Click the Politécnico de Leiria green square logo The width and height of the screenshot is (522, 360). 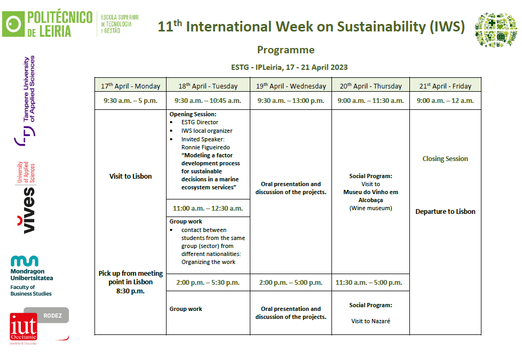(x=13, y=24)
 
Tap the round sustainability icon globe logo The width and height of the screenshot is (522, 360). (x=496, y=30)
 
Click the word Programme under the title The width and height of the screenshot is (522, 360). (x=286, y=50)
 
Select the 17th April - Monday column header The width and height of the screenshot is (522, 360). (x=130, y=86)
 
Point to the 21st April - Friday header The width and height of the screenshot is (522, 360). (x=445, y=86)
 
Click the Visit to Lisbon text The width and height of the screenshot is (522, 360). (x=130, y=177)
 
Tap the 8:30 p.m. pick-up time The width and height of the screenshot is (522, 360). (x=130, y=291)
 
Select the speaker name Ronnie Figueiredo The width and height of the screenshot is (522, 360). (x=205, y=147)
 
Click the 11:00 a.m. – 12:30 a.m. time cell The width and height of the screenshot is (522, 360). (x=208, y=209)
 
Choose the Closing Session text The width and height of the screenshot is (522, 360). (x=445, y=159)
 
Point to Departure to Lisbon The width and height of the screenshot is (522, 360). (x=445, y=212)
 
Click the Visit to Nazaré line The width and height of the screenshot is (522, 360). (x=370, y=321)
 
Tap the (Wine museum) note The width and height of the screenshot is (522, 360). (x=370, y=209)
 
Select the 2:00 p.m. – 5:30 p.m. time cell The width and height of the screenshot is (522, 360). (x=208, y=283)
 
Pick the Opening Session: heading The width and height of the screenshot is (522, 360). (x=193, y=114)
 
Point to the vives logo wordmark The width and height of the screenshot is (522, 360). (x=26, y=210)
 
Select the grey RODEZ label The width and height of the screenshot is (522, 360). (x=53, y=315)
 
